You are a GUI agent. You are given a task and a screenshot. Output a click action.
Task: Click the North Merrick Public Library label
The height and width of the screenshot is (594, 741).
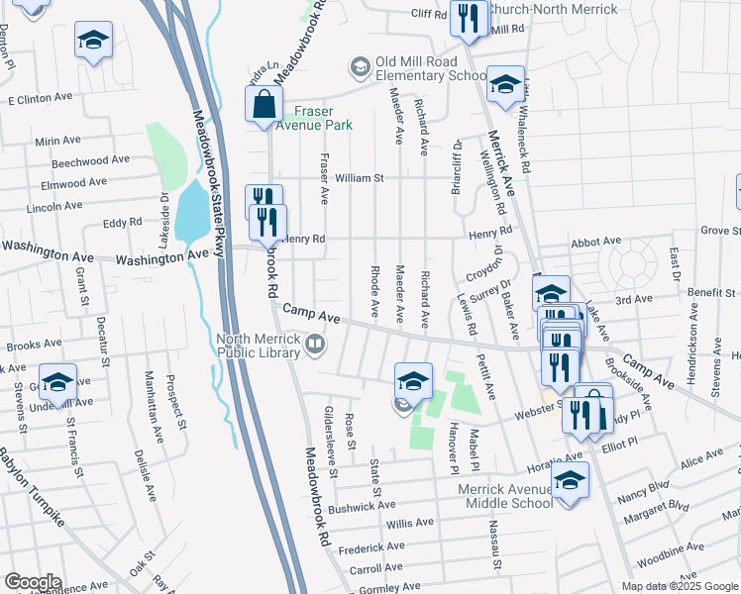coord(259,345)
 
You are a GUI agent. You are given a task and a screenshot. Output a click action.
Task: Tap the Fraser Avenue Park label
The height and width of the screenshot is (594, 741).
coord(313,119)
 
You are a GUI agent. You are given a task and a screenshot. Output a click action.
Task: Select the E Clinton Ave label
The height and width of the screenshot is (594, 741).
coord(41,100)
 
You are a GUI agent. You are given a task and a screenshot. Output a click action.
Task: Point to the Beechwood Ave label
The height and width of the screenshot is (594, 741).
coord(91,160)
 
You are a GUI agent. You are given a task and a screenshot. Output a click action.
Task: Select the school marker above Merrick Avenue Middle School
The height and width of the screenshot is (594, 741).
coord(570,482)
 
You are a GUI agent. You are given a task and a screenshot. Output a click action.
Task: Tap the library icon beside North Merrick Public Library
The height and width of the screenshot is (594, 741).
coord(315,344)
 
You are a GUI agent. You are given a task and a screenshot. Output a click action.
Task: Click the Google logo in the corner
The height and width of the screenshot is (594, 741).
coord(33,582)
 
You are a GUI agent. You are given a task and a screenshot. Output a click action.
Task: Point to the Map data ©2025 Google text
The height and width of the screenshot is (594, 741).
coord(679,586)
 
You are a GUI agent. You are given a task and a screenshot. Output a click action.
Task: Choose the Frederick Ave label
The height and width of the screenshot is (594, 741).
coord(370,546)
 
